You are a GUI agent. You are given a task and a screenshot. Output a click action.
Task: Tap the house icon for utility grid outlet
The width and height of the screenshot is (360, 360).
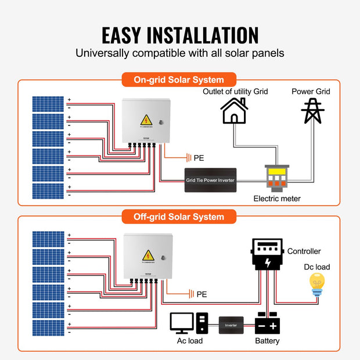click(x=235, y=110)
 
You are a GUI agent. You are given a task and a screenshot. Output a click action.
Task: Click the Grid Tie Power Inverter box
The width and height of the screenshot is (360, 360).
click(x=210, y=179)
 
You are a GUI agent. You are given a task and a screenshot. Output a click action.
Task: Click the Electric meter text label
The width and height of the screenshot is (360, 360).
click(x=277, y=199)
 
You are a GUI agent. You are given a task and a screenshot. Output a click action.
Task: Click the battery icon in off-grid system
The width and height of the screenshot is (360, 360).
click(x=268, y=323)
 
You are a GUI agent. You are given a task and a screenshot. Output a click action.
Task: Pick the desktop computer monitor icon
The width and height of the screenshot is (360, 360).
click(x=182, y=323)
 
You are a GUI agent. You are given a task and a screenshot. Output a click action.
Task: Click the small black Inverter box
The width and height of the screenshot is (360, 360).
click(x=231, y=325)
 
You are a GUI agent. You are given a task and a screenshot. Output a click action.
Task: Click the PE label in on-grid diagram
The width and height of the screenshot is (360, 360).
click(x=199, y=158)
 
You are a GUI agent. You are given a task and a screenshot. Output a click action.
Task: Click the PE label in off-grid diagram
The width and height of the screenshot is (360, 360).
click(x=201, y=294)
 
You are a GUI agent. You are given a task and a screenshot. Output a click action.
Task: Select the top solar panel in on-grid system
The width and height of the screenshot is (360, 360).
click(x=48, y=103)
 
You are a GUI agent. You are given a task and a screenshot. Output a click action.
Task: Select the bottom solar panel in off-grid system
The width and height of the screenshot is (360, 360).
click(x=48, y=327)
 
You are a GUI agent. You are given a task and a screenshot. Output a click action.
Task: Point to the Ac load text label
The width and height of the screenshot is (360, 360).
click(x=190, y=341)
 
